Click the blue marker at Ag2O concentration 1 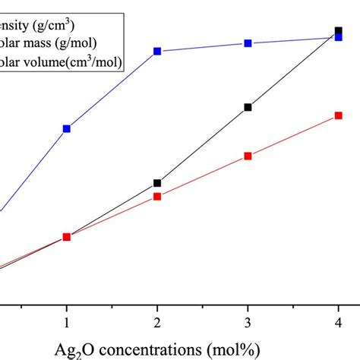(x=67, y=129)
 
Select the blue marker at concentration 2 (x=157, y=52)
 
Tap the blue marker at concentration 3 (x=248, y=43)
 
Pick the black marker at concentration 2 (x=157, y=183)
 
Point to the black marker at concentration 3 (x=248, y=107)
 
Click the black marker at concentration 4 (x=339, y=31)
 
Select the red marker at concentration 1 (x=67, y=237)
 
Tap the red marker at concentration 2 (x=157, y=197)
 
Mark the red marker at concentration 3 (x=248, y=156)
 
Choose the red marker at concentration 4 (x=339, y=115)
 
